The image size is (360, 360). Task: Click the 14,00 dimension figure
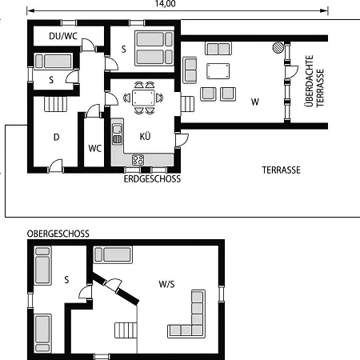[x=165, y=4]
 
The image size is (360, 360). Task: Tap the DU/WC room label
[x=63, y=36]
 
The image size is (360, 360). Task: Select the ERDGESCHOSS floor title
[x=152, y=179]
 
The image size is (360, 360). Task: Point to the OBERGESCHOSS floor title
[x=58, y=234]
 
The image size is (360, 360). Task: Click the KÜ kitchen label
[x=145, y=136]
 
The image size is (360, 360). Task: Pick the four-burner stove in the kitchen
[x=138, y=160]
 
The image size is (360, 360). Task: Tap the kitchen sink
[x=117, y=134]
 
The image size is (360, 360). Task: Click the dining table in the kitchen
[x=143, y=98]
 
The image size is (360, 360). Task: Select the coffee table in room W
[x=218, y=71]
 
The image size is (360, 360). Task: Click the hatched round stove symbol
[x=278, y=47]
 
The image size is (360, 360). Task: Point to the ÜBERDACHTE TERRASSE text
[x=314, y=81]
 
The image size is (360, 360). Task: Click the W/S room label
[x=166, y=284]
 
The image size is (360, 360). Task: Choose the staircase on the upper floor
[x=126, y=330]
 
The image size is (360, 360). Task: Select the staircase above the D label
[x=55, y=104]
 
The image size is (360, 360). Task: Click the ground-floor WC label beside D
[x=95, y=148]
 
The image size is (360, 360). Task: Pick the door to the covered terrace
[x=291, y=72]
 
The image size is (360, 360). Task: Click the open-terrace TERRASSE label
[x=281, y=170]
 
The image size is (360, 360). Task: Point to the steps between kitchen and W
[x=188, y=104]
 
